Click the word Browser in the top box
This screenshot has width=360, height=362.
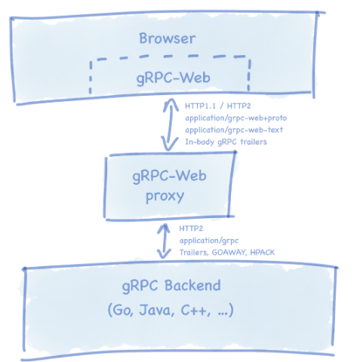coord(168,38)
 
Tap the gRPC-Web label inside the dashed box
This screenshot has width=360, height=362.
coord(173,78)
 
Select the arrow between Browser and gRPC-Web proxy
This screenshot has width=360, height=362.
coord(171,124)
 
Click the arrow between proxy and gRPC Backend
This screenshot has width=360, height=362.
coord(164,241)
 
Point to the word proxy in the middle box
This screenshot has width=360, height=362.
coord(165,197)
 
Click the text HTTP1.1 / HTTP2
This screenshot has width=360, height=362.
coord(218,106)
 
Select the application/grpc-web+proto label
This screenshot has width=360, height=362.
coord(235,118)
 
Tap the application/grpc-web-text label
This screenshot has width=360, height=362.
coord(234,130)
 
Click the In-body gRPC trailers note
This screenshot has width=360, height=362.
coord(226,142)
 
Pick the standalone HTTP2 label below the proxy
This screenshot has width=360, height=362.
coord(191,229)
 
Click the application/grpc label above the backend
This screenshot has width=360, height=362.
coord(209,241)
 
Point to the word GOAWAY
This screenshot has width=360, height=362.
coord(229,253)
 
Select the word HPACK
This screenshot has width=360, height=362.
coord(263,253)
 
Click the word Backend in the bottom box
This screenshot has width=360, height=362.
coord(192,286)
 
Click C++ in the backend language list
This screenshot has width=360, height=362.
coord(195,310)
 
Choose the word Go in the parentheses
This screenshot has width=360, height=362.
coord(122,310)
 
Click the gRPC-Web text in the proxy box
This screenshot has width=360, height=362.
coord(169,176)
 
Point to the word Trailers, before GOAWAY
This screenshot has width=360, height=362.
coord(194,253)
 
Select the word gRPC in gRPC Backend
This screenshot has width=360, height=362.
coord(140,287)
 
